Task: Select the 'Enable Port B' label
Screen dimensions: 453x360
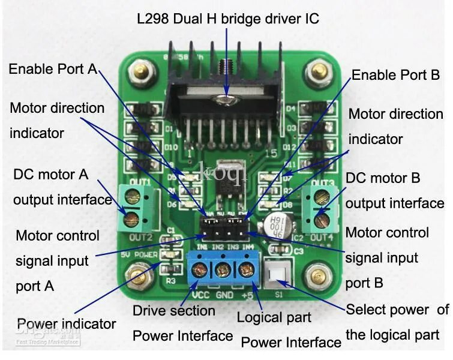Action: [395, 76]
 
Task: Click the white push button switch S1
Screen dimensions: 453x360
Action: [277, 275]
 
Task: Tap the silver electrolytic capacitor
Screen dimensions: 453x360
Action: [281, 223]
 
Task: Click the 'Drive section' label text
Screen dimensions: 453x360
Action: [173, 311]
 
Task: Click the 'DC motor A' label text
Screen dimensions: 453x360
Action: [50, 175]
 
